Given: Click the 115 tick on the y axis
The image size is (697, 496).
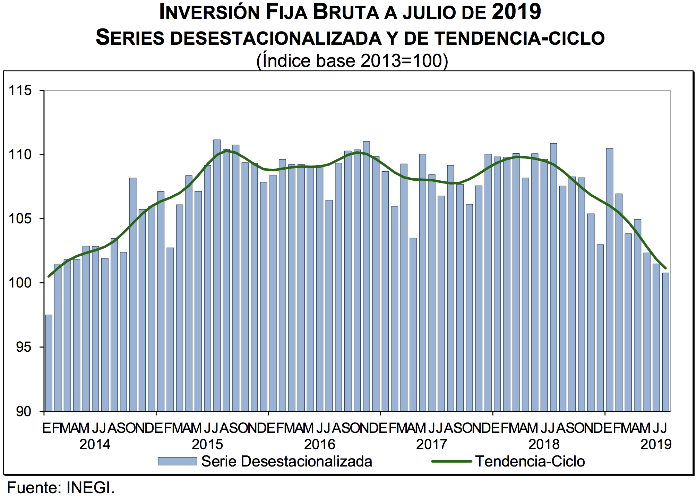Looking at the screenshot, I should coord(20,91).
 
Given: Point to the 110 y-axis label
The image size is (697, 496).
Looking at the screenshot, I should coord(20,155).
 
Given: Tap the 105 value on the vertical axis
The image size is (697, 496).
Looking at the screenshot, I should coord(20,219).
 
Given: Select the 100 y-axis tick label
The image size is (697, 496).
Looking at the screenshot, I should coord(20,283).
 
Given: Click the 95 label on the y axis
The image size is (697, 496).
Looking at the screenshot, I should coord(24,347).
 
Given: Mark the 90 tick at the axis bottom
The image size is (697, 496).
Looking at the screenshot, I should coord(24,411).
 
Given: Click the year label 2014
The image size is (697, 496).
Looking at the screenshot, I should coord(95,444).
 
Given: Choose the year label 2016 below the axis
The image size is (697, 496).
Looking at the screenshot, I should coord(319,444).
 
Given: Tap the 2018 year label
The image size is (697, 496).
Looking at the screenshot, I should coord(544,444).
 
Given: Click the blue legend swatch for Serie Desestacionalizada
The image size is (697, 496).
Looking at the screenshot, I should coord(177,461).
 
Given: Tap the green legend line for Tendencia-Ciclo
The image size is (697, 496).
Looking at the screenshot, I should coord(451,461).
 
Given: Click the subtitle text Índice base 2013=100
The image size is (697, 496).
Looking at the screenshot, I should coord(352,61).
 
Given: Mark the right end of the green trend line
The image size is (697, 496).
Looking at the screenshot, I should coord(665,268).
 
